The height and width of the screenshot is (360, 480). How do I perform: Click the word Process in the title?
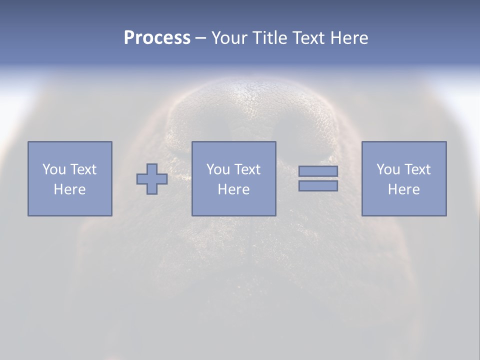[x=157, y=38]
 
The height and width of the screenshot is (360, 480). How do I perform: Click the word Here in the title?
[x=349, y=38]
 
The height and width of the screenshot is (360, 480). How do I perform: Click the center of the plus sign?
[x=152, y=179]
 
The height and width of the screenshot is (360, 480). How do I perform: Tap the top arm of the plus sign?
[x=152, y=168]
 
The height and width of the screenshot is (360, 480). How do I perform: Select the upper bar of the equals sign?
[x=318, y=171]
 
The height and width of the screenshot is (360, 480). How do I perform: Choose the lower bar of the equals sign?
[x=318, y=186]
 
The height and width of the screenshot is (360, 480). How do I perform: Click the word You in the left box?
[x=54, y=169]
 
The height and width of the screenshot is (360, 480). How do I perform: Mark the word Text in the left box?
[x=82, y=169]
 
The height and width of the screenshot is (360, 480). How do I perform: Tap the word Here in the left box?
[x=69, y=189]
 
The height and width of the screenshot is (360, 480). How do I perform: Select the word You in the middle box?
[x=218, y=169]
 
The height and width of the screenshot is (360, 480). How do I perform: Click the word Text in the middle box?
[x=246, y=169]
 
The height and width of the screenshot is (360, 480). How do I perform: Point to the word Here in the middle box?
[x=233, y=189]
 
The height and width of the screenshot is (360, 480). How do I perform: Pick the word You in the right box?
[x=388, y=169]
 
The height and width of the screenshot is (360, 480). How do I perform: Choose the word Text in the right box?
[x=416, y=169]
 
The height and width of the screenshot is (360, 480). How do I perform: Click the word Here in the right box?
[x=403, y=189]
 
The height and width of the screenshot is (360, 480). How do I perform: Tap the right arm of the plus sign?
[x=162, y=179]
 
